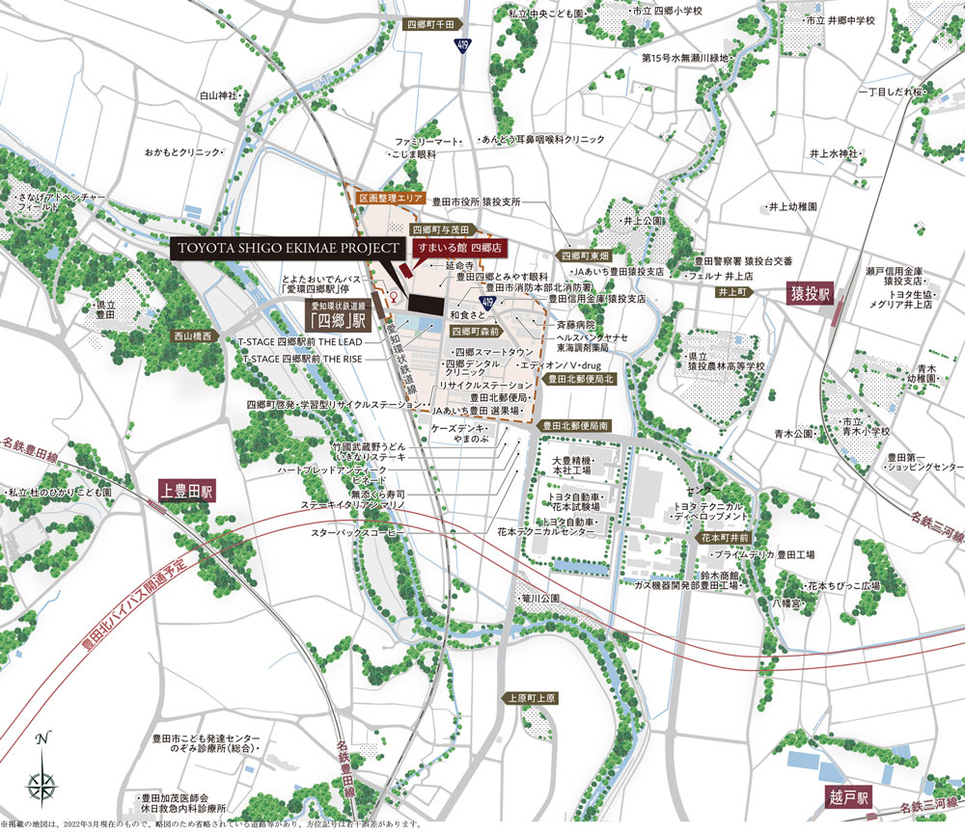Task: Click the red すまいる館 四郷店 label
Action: point(452,248)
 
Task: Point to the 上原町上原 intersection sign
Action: point(530,697)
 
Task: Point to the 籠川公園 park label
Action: point(541,599)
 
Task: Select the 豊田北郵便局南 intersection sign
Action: point(576,424)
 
